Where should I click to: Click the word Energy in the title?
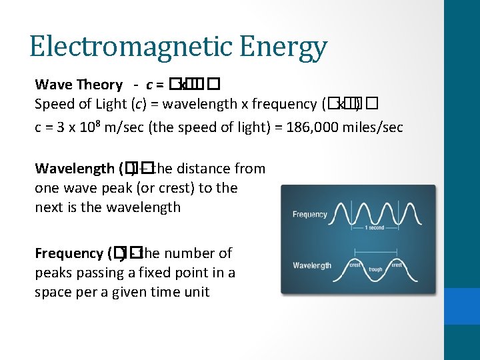point(285,47)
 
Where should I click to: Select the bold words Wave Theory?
point(79,85)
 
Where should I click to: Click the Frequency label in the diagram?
point(310,215)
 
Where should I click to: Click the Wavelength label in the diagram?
point(312,265)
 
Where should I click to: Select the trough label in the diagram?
point(375,269)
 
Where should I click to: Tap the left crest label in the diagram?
point(355,265)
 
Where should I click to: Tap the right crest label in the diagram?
point(396,265)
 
